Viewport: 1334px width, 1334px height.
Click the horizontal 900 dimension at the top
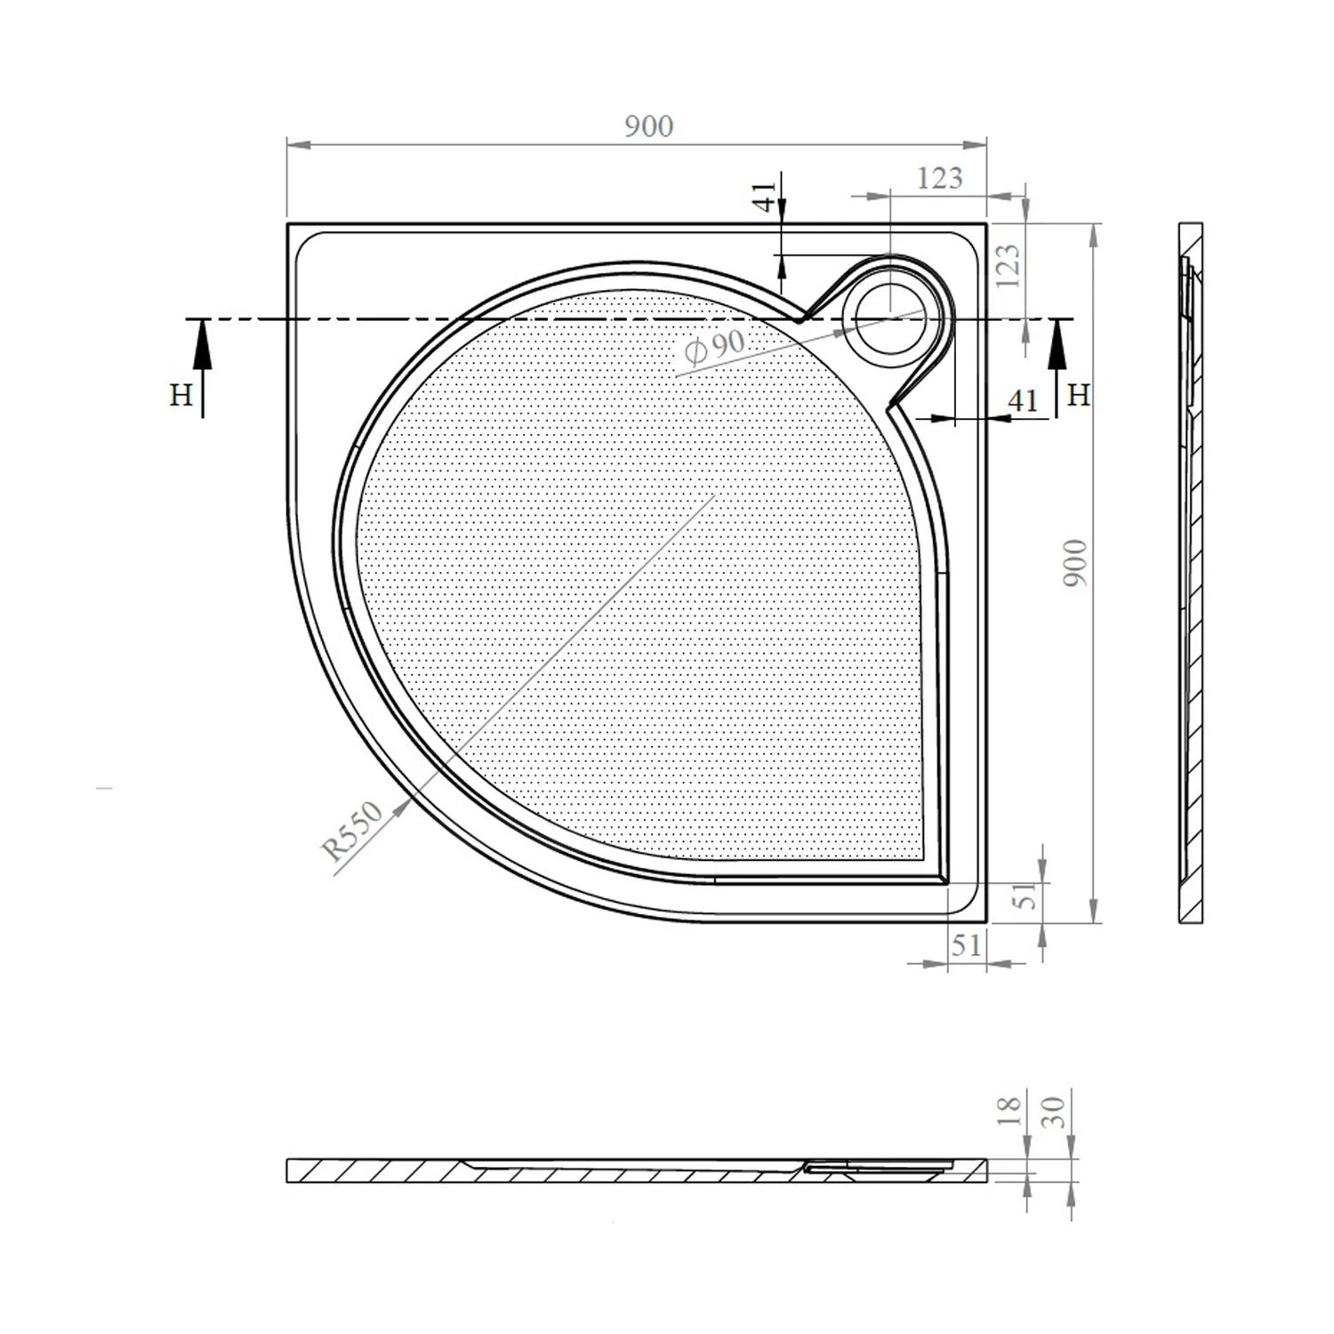pos(648,126)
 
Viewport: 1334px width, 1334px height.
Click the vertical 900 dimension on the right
pos(1075,562)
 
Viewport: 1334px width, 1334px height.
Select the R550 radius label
pos(353,831)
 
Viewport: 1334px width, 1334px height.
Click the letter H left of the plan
pos(181,395)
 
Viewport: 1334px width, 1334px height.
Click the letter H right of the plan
pos(1078,395)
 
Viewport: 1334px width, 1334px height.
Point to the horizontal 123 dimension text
pos(939,178)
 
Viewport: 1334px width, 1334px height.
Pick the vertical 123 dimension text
pos(1009,265)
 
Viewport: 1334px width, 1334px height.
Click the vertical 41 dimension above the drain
pos(765,197)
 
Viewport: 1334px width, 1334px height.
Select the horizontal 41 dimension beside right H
pos(1023,401)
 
